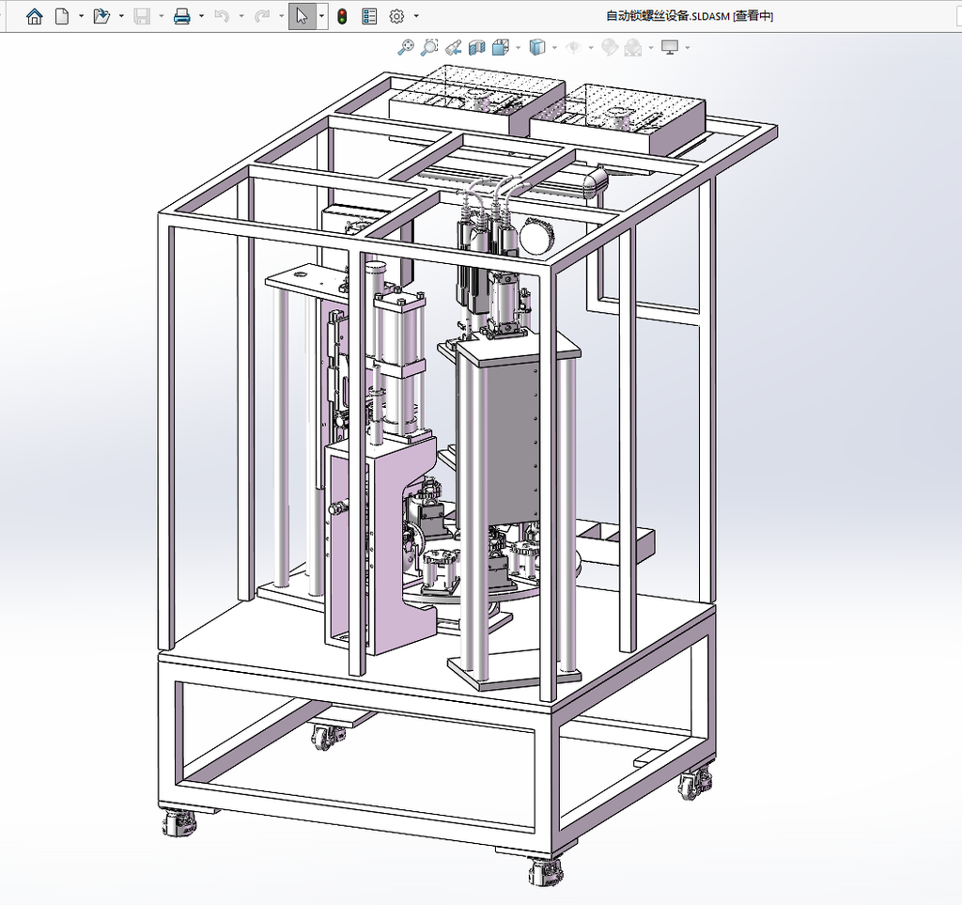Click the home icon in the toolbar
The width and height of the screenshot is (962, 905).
[35, 17]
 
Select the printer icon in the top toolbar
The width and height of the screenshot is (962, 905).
[181, 17]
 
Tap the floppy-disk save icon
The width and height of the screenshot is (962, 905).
[142, 17]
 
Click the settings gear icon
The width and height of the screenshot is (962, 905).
[397, 17]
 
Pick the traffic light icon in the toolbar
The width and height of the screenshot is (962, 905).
[342, 17]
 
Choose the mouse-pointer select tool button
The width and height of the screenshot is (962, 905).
[302, 17]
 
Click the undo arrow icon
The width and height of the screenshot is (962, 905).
[222, 17]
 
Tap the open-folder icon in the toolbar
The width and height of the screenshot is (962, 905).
[101, 17]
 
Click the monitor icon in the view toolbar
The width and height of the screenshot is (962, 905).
[670, 47]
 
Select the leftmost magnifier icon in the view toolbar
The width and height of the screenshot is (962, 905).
[406, 47]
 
